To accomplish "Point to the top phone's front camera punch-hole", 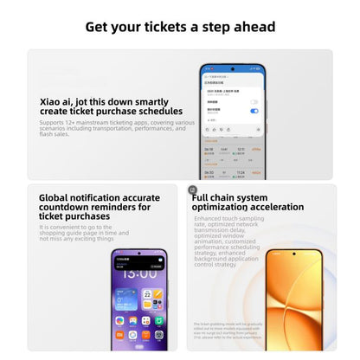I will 233,68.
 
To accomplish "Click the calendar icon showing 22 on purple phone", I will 147,296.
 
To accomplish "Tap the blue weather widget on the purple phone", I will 125,299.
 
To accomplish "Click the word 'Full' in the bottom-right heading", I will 204,197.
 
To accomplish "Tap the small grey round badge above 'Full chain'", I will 192,190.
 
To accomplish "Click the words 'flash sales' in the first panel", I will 56,134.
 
